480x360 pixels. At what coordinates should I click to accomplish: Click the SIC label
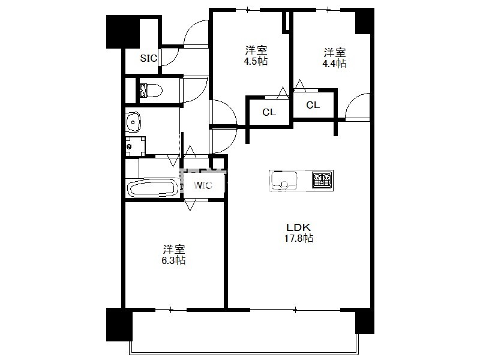click(x=148, y=58)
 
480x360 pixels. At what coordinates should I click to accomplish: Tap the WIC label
click(x=203, y=185)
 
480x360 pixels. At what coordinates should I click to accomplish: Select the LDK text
click(x=298, y=227)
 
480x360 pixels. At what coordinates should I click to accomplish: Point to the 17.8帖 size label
click(x=299, y=238)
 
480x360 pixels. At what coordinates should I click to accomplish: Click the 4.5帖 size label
click(x=256, y=61)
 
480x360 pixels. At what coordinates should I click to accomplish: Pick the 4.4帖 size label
click(x=334, y=64)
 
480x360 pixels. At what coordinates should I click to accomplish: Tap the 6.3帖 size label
click(x=173, y=260)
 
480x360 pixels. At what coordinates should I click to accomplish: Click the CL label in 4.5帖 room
click(x=269, y=112)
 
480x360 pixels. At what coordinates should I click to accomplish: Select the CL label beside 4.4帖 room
click(x=313, y=105)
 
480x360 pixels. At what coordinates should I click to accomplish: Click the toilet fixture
click(x=151, y=91)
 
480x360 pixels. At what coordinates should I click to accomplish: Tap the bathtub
click(x=152, y=188)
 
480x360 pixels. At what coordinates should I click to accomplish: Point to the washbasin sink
click(x=133, y=122)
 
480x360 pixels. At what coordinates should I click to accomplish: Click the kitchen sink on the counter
click(x=284, y=180)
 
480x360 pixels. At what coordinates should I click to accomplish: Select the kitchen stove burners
click(x=322, y=179)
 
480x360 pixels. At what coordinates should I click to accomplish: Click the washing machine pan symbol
click(x=136, y=146)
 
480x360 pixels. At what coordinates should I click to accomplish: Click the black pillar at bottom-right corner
click(x=365, y=322)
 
